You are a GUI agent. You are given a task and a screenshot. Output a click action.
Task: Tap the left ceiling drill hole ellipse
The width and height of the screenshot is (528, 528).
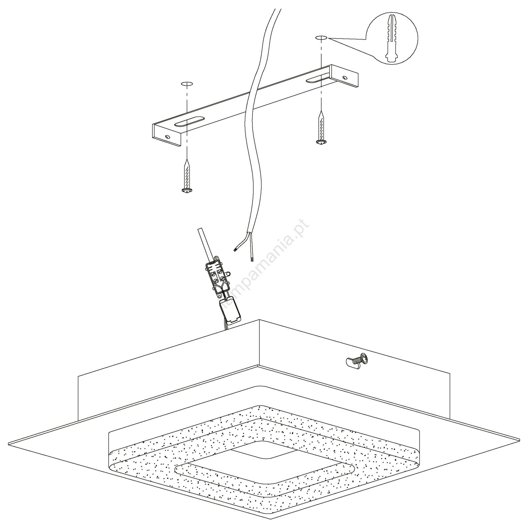[x=187, y=84]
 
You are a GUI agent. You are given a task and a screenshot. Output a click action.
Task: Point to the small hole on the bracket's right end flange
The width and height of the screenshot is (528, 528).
[x=345, y=78]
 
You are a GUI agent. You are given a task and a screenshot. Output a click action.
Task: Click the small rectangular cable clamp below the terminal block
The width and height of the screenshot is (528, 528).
[x=231, y=309]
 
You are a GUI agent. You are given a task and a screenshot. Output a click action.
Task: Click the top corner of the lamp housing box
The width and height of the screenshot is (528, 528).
[x=260, y=319]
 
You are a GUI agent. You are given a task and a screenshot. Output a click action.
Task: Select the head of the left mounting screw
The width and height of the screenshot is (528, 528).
[x=187, y=190]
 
